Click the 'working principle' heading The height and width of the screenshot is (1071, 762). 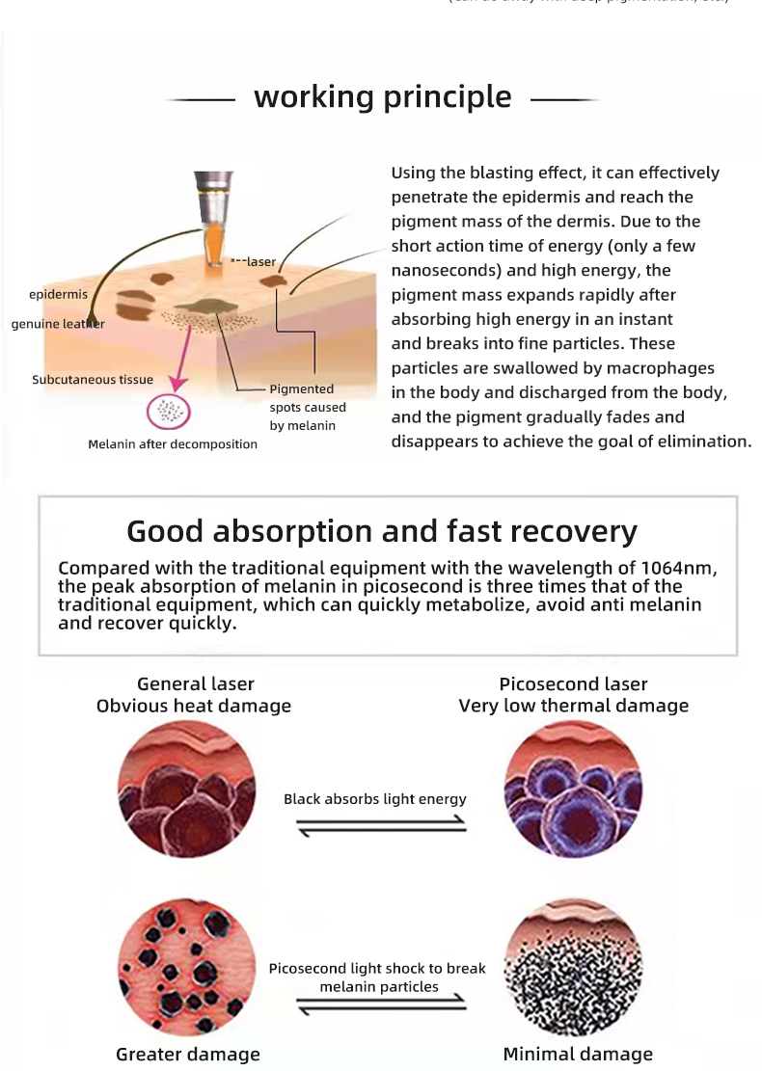click(382, 96)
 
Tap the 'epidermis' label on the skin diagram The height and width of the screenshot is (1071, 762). click(56, 294)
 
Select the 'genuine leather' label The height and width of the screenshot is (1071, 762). click(58, 324)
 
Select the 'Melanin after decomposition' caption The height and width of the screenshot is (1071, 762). click(173, 444)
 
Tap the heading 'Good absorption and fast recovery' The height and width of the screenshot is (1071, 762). click(382, 531)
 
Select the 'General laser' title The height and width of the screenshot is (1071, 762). click(196, 683)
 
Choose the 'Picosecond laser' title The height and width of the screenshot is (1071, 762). click(573, 683)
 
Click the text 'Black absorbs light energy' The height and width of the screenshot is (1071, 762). click(374, 799)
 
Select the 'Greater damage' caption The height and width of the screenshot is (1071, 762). click(188, 1054)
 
